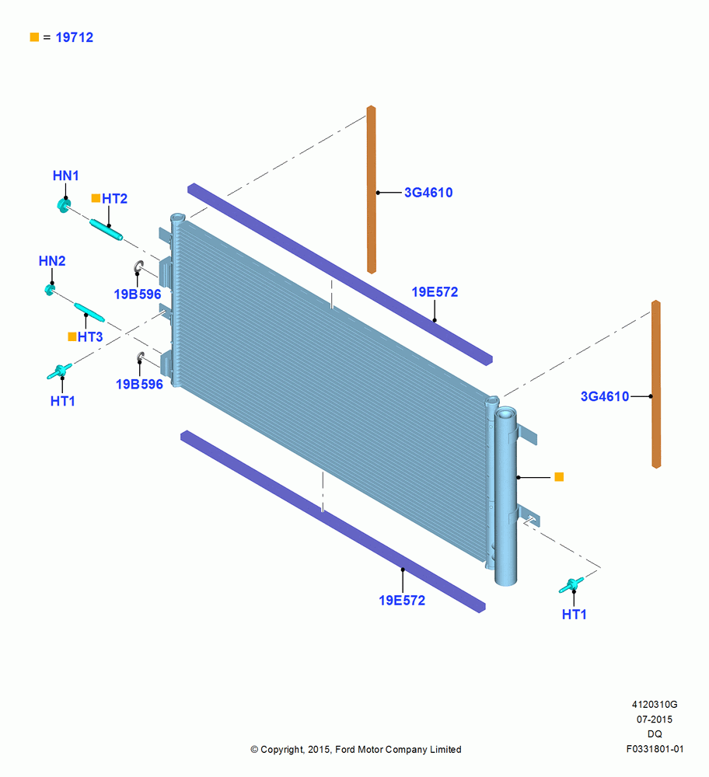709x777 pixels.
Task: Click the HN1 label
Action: click(65, 176)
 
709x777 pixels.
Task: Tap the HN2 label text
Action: click(52, 260)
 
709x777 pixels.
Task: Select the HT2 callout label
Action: click(114, 199)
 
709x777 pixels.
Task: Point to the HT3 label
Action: click(90, 337)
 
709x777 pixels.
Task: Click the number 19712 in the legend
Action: click(75, 37)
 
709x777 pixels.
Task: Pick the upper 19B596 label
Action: click(138, 294)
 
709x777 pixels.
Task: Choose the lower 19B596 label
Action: click(139, 385)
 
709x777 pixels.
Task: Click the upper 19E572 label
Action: click(435, 292)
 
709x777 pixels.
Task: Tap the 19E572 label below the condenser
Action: click(402, 601)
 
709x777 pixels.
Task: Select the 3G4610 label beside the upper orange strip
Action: click(428, 192)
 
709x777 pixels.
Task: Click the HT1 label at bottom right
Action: click(575, 615)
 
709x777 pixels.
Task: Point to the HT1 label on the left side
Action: click(62, 401)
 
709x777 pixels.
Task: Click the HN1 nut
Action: click(64, 204)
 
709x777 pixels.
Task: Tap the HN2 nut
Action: click(50, 289)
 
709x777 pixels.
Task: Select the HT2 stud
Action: click(106, 230)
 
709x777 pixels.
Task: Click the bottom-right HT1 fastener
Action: click(571, 585)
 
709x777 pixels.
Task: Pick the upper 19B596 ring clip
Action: click(138, 267)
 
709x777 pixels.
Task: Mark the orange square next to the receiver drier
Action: click(559, 477)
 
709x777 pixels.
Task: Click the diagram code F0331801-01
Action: click(655, 749)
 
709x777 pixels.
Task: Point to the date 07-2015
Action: click(655, 719)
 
